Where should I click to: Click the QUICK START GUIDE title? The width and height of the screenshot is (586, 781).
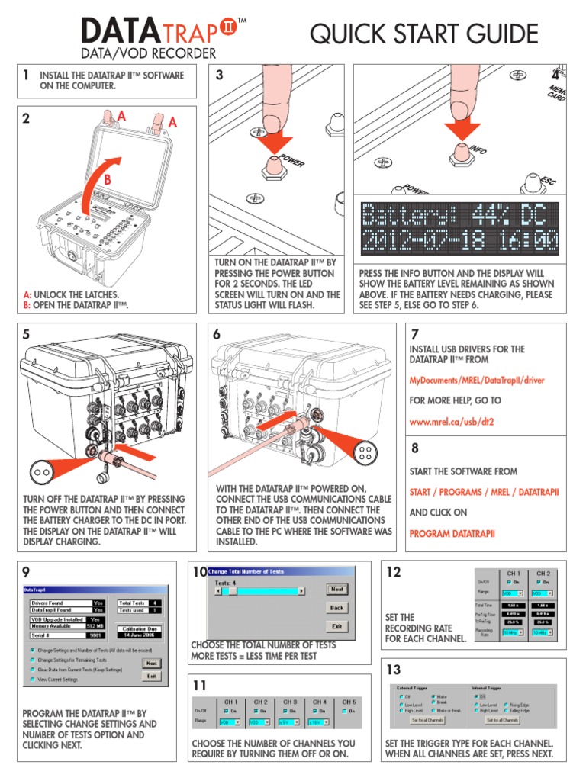(423, 34)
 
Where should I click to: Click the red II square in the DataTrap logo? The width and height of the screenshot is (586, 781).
(228, 27)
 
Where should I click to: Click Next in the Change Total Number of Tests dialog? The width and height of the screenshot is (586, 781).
(336, 589)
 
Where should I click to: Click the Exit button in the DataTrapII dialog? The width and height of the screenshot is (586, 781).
(151, 675)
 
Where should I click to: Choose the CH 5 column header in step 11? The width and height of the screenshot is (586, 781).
(349, 701)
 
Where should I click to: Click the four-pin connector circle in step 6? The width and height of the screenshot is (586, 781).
(365, 453)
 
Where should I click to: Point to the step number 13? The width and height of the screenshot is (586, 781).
(394, 670)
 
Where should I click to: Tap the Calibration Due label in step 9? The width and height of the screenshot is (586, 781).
(138, 625)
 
